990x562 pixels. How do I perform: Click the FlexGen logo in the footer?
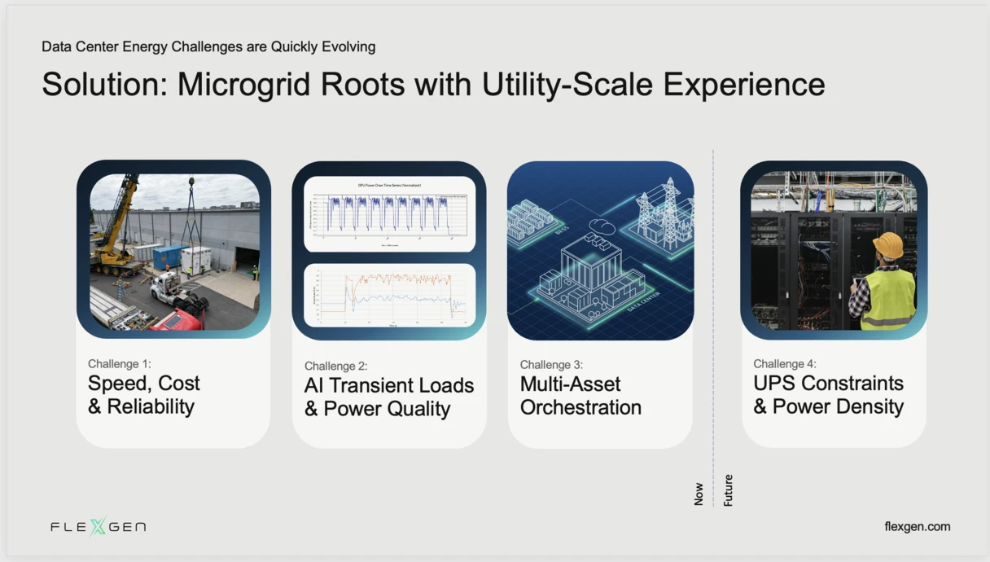pyautogui.click(x=98, y=527)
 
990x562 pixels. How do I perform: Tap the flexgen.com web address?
pyautogui.click(x=917, y=527)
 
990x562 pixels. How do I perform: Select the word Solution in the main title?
pyautogui.click(x=103, y=85)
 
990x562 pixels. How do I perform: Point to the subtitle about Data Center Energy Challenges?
pyautogui.click(x=208, y=46)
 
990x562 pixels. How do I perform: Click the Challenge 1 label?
pyautogui.click(x=120, y=363)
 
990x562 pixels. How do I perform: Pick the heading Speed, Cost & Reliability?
pyautogui.click(x=144, y=395)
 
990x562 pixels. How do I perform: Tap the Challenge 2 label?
pyautogui.click(x=335, y=366)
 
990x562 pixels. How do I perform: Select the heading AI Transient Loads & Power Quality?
pyautogui.click(x=388, y=397)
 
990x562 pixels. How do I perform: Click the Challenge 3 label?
pyautogui.click(x=551, y=364)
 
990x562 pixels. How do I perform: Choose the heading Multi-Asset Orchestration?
pyautogui.click(x=580, y=396)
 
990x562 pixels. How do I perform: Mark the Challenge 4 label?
pyautogui.click(x=784, y=363)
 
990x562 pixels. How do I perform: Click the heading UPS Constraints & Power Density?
pyautogui.click(x=828, y=395)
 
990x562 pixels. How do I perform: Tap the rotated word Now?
pyautogui.click(x=699, y=494)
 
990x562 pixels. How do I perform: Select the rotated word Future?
pyautogui.click(x=728, y=490)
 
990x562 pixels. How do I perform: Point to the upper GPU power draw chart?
pyautogui.click(x=389, y=213)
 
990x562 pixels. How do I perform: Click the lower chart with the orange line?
pyautogui.click(x=389, y=295)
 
